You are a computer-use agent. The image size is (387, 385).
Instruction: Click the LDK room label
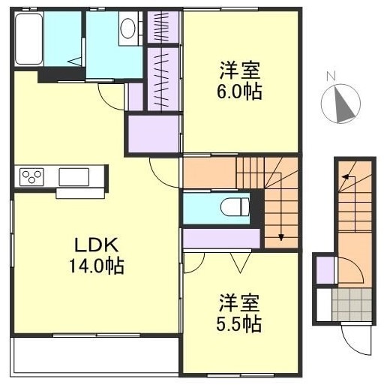(97, 245)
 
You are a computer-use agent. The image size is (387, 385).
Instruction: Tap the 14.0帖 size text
(97, 266)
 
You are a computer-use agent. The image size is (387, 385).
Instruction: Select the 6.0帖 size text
(239, 92)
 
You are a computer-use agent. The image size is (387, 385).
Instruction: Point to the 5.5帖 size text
(239, 323)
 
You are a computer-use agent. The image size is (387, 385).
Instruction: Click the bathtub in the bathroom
(28, 39)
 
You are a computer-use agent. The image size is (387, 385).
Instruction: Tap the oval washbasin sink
(127, 28)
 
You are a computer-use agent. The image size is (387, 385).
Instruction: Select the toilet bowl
(235, 207)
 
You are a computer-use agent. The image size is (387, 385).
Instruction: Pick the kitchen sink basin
(73, 177)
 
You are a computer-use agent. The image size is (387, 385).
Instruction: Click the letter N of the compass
(331, 76)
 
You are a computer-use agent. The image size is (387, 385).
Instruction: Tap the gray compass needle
(343, 104)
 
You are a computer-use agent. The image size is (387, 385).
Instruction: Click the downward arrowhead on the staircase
(281, 237)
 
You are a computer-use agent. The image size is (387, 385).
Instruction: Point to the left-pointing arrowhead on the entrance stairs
(346, 177)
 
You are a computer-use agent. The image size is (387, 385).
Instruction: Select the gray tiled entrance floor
(352, 305)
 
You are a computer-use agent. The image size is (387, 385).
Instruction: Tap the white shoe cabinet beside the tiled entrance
(324, 305)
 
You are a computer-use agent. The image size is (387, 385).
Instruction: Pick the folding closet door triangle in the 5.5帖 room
(240, 263)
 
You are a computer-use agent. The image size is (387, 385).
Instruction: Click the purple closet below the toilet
(221, 239)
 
